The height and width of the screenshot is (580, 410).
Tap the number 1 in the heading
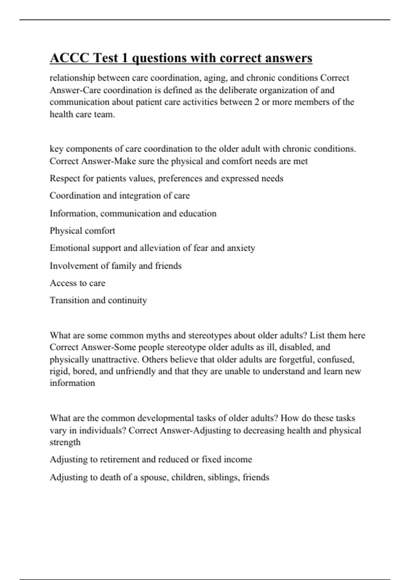[125, 58]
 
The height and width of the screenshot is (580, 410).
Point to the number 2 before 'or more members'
[257, 102]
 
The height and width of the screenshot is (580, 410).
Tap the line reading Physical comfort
[82, 231]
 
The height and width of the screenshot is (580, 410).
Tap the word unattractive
[115, 360]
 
